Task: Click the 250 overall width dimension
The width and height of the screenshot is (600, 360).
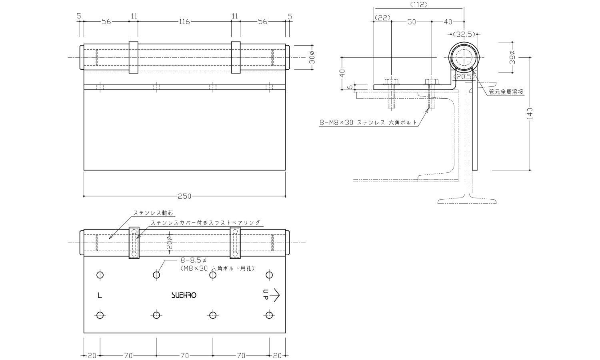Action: [184, 196]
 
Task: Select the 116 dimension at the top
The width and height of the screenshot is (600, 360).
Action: [184, 22]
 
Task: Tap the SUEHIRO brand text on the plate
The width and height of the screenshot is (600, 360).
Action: [184, 295]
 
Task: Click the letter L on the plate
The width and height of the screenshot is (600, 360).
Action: [100, 296]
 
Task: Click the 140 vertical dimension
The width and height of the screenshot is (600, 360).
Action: [530, 114]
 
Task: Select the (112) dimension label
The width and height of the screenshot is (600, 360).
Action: [419, 4]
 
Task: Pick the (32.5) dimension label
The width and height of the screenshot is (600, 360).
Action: [464, 34]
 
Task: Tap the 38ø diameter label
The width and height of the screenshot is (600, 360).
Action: [512, 57]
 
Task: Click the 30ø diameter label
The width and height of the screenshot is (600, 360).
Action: [312, 57]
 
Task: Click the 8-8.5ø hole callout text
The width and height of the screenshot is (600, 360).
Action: [193, 260]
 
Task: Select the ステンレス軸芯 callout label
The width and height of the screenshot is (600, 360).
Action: [153, 213]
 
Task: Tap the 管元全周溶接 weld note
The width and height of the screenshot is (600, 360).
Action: [506, 92]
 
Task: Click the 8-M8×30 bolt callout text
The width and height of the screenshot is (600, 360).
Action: [368, 122]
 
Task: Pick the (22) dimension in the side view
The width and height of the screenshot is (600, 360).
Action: [382, 18]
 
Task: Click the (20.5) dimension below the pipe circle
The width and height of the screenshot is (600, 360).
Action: [464, 77]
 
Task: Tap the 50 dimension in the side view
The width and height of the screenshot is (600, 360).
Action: [412, 22]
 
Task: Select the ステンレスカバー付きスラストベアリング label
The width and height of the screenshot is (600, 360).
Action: [206, 222]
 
